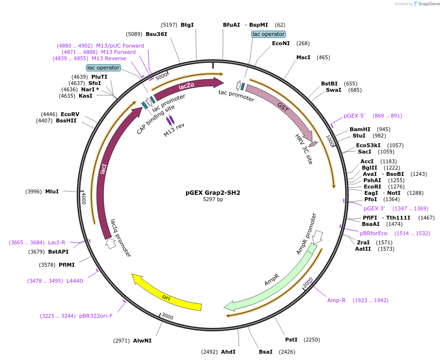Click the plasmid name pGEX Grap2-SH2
pyautogui.click(x=213, y=192)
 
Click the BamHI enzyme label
pyautogui.click(x=360, y=130)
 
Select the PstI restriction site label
pyautogui.click(x=291, y=340)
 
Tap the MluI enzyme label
pyautogui.click(x=51, y=191)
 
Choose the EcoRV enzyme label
pyautogui.click(x=70, y=114)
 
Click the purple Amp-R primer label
pyautogui.click(x=336, y=300)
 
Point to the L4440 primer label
pyautogui.click(x=75, y=281)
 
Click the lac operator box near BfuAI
pyautogui.click(x=269, y=34)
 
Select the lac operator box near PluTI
pyautogui.click(x=103, y=68)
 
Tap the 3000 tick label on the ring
pyautogui.click(x=167, y=317)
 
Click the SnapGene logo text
pyautogui.click(x=428, y=4)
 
